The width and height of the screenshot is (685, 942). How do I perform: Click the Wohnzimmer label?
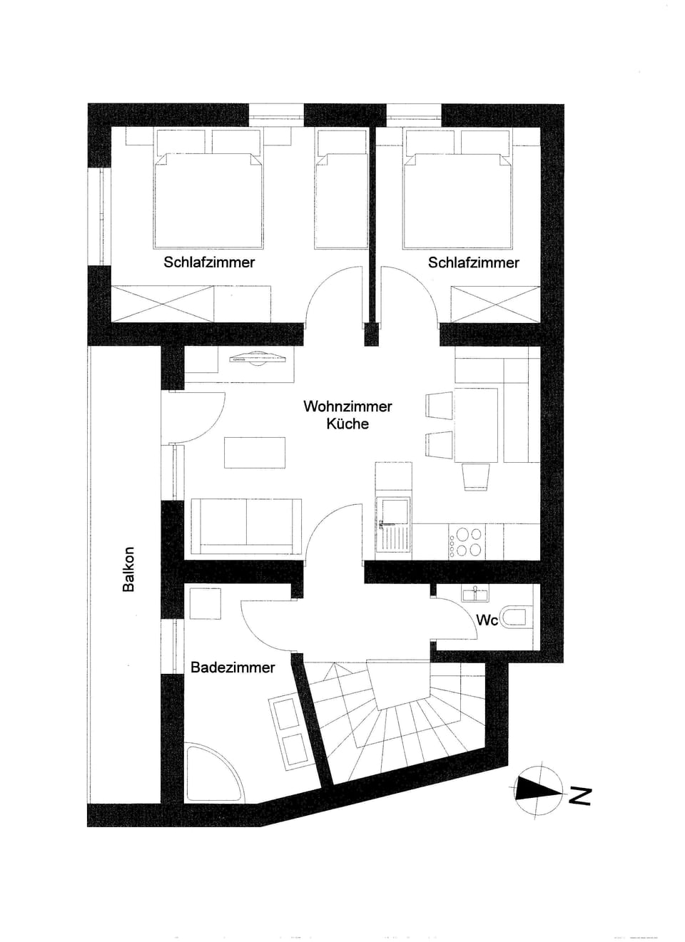pos(347,406)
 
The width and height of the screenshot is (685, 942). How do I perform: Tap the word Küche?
pos(347,424)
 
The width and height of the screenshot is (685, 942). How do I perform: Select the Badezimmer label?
pos(233,667)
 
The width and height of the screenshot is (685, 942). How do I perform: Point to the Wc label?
pos(487,620)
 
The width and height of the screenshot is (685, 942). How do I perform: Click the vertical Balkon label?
pos(128,570)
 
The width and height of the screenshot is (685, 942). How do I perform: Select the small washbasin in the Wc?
pos(473,593)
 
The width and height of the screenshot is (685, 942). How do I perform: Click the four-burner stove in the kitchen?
pos(467,542)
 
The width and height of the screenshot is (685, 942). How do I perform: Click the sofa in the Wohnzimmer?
pos(245,526)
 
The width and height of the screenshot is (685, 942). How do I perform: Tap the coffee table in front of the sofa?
pos(255,453)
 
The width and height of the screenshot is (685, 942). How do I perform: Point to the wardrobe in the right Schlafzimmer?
pos(495,304)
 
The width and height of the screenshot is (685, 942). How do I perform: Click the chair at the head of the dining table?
pos(476,476)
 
